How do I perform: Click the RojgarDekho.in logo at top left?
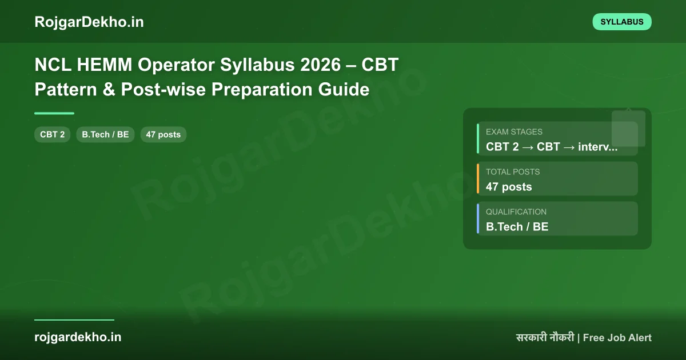[x=89, y=22]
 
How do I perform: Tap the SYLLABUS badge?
[x=622, y=22]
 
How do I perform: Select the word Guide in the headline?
[x=345, y=90]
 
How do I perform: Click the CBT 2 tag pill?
[x=53, y=135]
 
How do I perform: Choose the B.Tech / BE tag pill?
[x=105, y=135]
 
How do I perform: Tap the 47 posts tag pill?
[x=163, y=135]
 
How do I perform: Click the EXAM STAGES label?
[x=514, y=131]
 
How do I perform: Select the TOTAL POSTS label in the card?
[x=512, y=171]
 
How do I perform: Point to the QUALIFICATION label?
[x=516, y=211]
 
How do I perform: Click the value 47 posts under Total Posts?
[x=508, y=187]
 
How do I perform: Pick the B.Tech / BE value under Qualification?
[x=517, y=227]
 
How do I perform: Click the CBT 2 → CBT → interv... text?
[x=552, y=147]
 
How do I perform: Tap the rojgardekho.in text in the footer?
[x=78, y=337]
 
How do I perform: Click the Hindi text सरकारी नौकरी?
[x=545, y=338]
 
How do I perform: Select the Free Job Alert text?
[x=617, y=338]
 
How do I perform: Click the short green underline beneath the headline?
[x=54, y=113]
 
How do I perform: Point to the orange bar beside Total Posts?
[x=478, y=178]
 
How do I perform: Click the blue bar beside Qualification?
[x=478, y=218]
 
